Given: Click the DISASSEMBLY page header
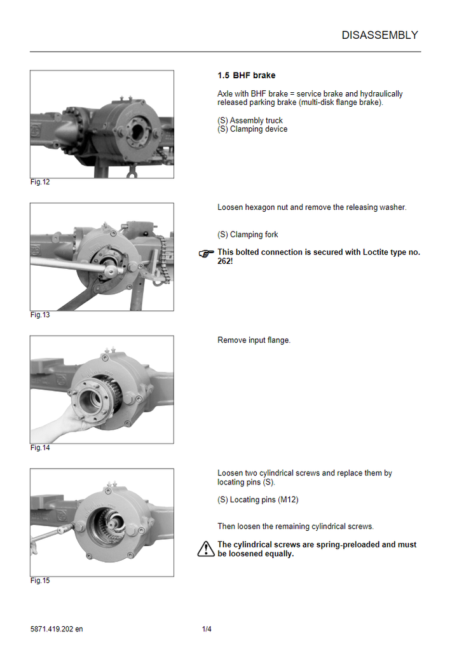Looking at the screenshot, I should coord(380,36).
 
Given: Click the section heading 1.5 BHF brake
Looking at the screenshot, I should coord(246,76).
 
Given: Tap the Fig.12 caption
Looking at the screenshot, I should coord(40,182).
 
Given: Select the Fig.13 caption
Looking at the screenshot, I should coord(40,315).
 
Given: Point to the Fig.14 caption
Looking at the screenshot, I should coord(40,448).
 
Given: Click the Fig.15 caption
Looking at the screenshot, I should coord(40,580).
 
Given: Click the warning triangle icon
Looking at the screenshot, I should coord(206,549).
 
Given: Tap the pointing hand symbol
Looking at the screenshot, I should coord(207,254).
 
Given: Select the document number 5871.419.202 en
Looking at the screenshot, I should coord(57,629).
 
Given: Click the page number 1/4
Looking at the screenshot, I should coord(207,629).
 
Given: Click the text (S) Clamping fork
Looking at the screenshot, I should coord(247,235).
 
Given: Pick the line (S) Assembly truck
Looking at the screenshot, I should coord(250,121).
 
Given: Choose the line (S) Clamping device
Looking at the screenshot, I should coord(252,129).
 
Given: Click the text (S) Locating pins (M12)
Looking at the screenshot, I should coord(257,500).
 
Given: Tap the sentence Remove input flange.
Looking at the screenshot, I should coord(254,340).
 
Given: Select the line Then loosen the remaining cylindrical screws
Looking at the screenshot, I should coord(295,526).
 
